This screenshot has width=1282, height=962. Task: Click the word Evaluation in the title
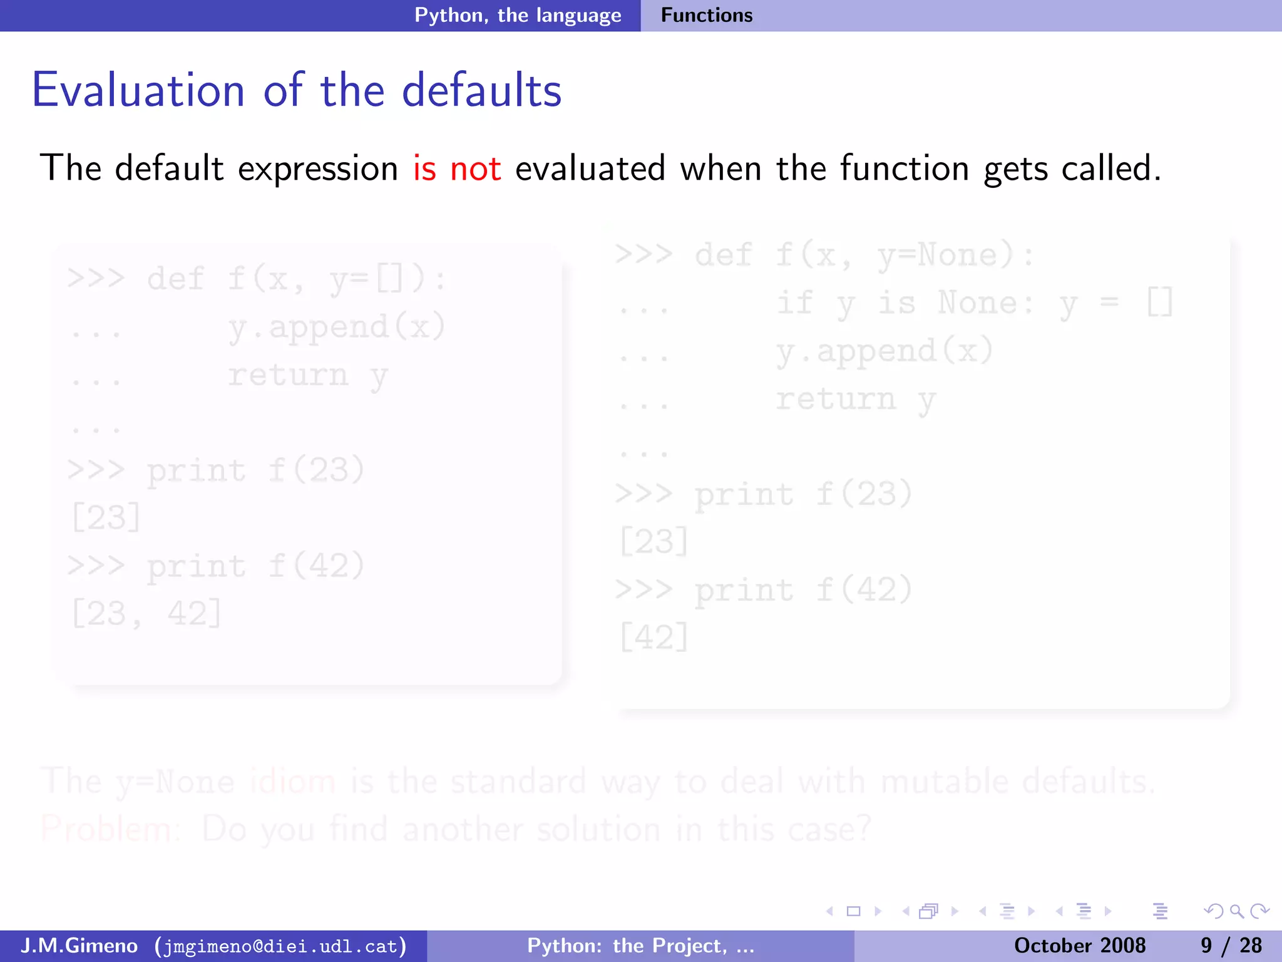(x=138, y=91)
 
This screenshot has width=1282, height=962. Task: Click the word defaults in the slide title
(x=481, y=91)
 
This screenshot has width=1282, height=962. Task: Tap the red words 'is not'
(x=456, y=168)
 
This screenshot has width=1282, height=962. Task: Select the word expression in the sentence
(x=318, y=169)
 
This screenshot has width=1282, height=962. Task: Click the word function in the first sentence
(x=904, y=168)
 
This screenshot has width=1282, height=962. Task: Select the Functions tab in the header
(x=707, y=15)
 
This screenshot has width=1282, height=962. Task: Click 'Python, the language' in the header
(x=518, y=15)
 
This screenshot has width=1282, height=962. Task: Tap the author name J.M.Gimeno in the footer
(x=79, y=945)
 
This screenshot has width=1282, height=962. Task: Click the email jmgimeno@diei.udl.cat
(x=280, y=946)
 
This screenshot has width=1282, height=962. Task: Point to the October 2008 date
(x=1079, y=945)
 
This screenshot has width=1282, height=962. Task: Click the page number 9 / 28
(x=1231, y=945)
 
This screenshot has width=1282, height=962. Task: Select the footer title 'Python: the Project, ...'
(x=640, y=945)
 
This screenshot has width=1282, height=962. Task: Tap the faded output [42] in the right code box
(x=654, y=637)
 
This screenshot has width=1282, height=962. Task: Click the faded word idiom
(x=292, y=782)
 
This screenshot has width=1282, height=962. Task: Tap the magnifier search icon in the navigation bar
(x=1236, y=911)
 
